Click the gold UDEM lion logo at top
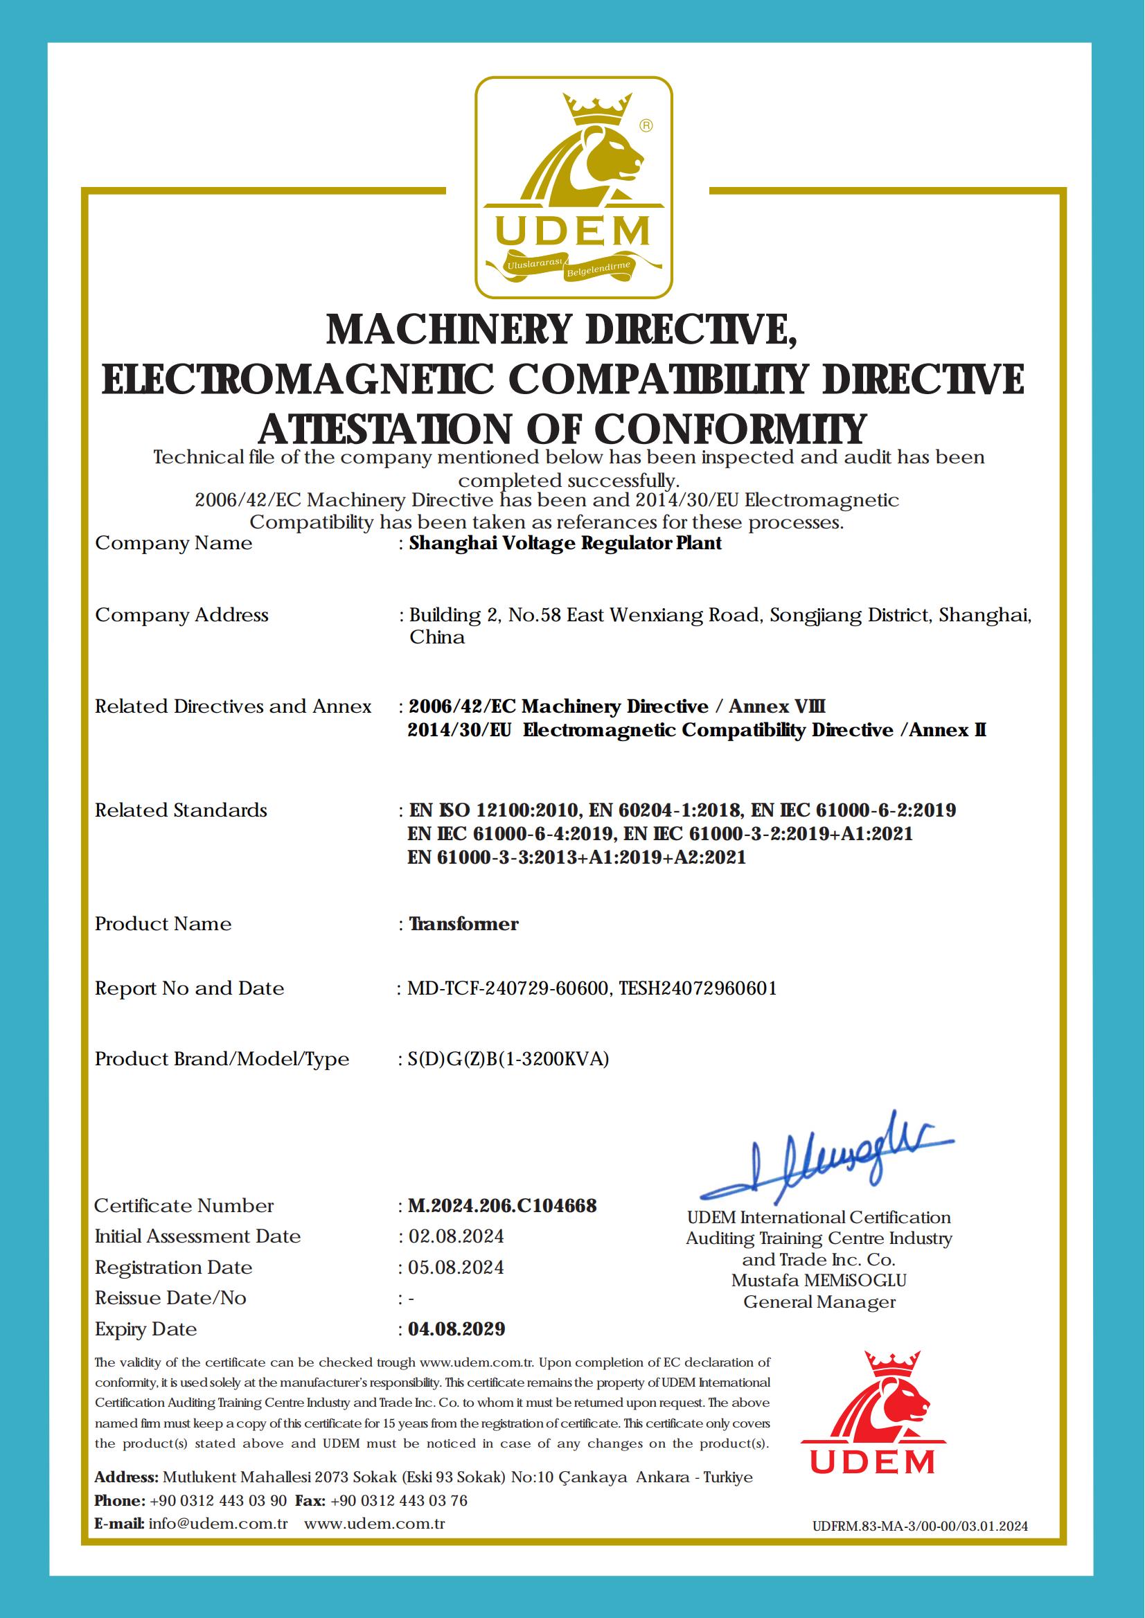572,187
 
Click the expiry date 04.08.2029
456,1329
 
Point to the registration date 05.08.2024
456,1267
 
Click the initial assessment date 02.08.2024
456,1236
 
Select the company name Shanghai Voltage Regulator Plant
565,543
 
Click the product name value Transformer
464,923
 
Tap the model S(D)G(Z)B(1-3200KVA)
508,1059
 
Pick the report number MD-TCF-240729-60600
508,988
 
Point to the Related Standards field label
181,810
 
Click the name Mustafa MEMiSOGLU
819,1280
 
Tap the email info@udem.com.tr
219,1523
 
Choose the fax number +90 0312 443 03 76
398,1500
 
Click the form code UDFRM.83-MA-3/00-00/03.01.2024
919,1527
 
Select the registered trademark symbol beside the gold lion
645,125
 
